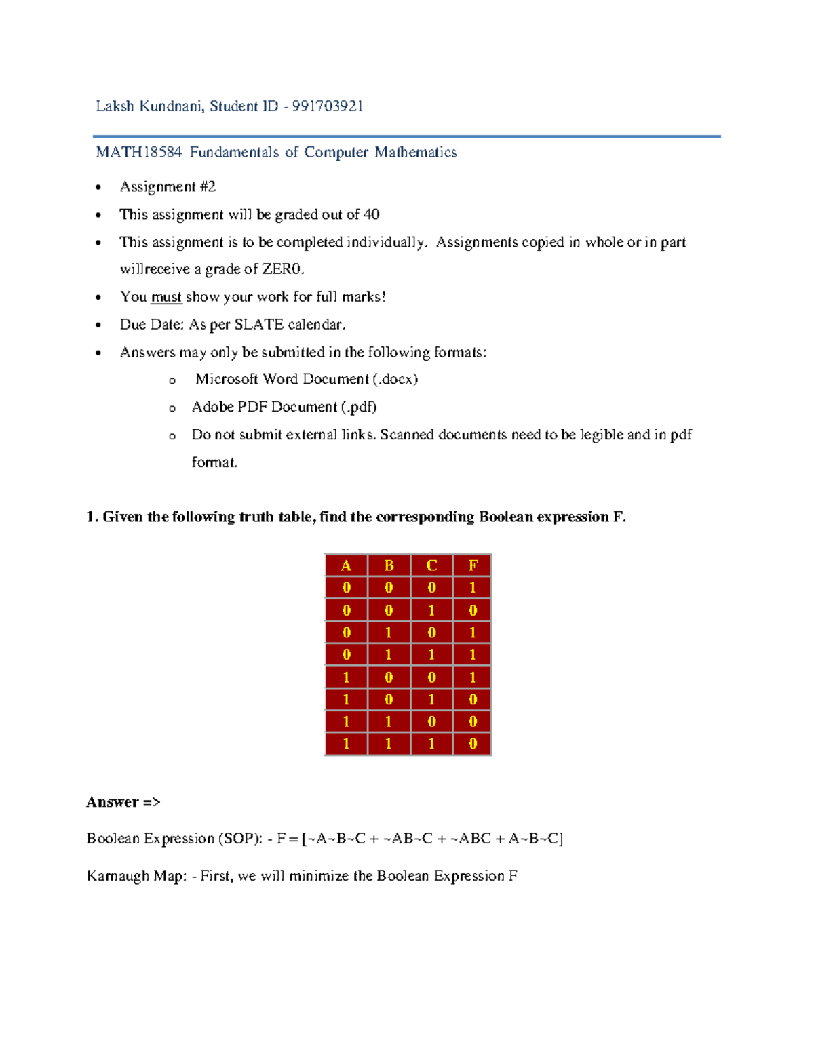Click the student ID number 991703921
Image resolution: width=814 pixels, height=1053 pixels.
pyautogui.click(x=328, y=106)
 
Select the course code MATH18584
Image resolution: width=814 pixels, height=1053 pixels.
pyautogui.click(x=139, y=153)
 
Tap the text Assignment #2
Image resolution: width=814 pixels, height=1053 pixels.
pyautogui.click(x=168, y=187)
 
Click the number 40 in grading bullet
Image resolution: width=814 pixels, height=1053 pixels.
pyautogui.click(x=371, y=215)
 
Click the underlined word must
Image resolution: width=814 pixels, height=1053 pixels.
pyautogui.click(x=166, y=297)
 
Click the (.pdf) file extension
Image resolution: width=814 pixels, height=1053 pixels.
pyautogui.click(x=359, y=408)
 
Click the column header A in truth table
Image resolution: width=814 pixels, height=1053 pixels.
pyautogui.click(x=346, y=565)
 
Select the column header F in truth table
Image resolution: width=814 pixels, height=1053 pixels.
pyautogui.click(x=473, y=565)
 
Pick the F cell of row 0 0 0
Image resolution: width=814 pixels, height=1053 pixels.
pyautogui.click(x=473, y=588)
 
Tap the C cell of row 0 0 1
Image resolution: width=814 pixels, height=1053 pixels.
pyautogui.click(x=431, y=610)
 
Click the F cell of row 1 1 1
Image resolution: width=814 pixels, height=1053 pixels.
pyautogui.click(x=473, y=744)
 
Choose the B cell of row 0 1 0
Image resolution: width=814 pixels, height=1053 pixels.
pyautogui.click(x=389, y=633)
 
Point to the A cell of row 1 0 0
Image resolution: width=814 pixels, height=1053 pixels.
pyautogui.click(x=346, y=677)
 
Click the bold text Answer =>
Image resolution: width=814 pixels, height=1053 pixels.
pyautogui.click(x=123, y=803)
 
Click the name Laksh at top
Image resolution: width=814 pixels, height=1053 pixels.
pyautogui.click(x=115, y=106)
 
